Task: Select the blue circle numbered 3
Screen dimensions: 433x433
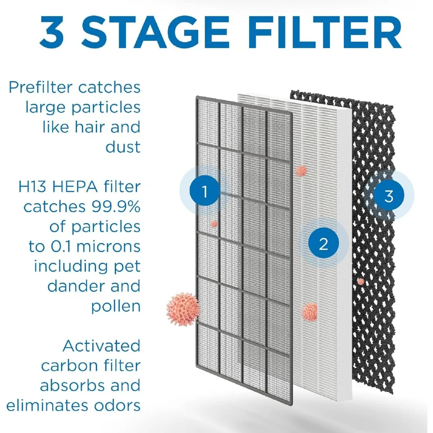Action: click(x=388, y=196)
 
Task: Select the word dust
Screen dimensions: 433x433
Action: click(x=123, y=147)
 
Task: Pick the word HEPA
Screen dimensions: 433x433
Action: click(x=78, y=187)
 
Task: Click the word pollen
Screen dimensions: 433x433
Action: click(x=116, y=307)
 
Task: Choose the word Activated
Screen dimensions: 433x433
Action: click(x=101, y=346)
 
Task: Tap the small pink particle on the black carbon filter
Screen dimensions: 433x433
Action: click(x=361, y=281)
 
